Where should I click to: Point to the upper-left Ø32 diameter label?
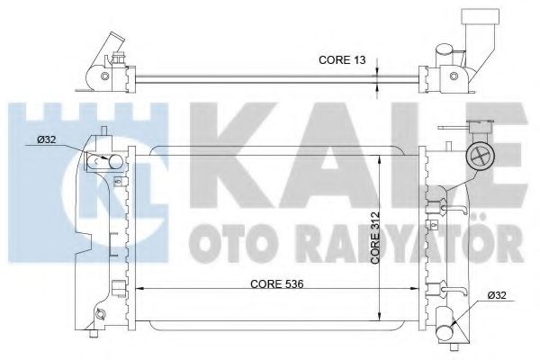point(49,140)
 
